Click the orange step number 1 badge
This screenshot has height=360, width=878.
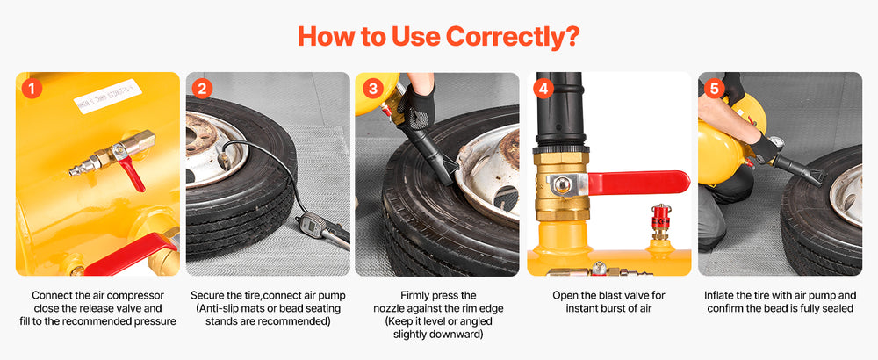(32, 89)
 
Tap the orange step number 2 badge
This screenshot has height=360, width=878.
(202, 89)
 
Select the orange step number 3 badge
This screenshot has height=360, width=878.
(373, 89)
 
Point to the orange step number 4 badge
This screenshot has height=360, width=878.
(543, 89)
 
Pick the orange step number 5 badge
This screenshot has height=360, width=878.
(714, 89)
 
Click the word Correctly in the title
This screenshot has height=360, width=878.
(507, 37)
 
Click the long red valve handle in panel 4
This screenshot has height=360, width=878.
(638, 182)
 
